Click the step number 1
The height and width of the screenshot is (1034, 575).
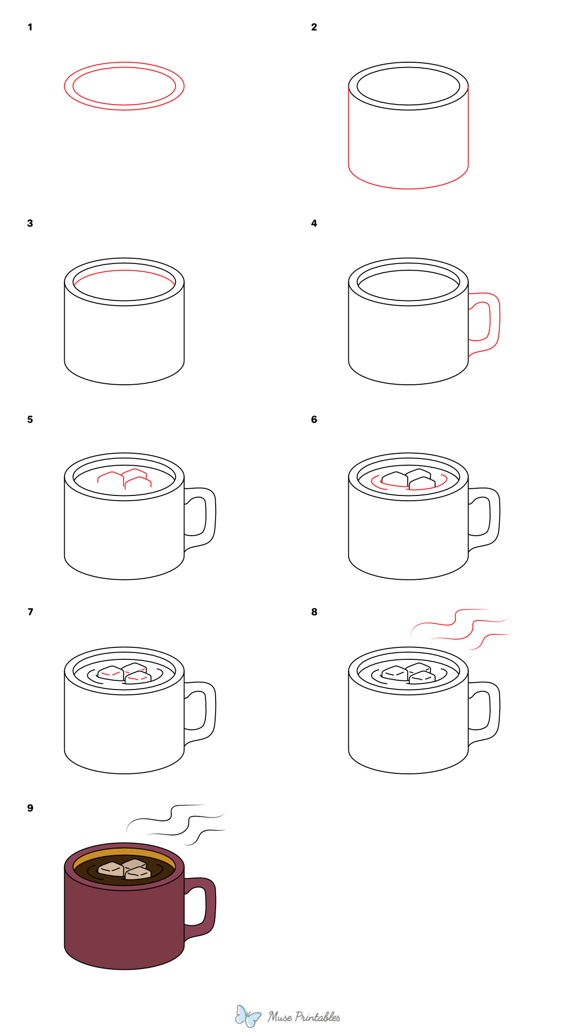30,27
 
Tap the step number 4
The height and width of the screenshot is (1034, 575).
314,223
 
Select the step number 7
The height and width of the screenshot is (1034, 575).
30,612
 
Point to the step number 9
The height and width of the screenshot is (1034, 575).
30,808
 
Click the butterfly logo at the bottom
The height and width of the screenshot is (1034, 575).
248,1016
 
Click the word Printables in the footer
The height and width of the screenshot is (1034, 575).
317,1017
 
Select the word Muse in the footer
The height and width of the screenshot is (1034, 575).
280,1017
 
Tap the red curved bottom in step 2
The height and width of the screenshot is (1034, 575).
408,188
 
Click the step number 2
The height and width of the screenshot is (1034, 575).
314,27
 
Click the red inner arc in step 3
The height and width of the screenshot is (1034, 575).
124,271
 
